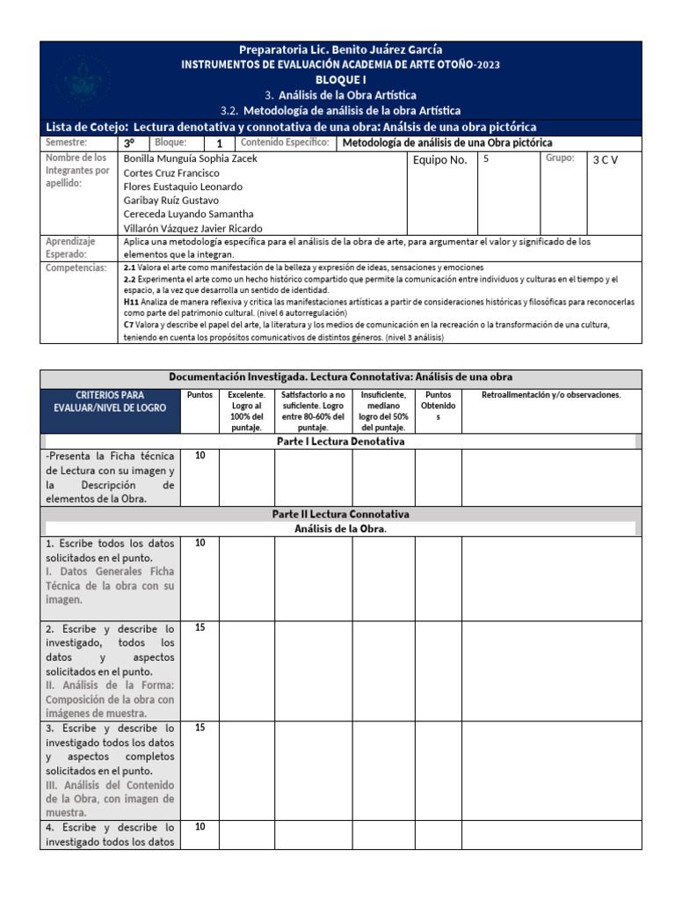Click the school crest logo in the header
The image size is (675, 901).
click(x=83, y=81)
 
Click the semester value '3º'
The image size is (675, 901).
click(x=129, y=143)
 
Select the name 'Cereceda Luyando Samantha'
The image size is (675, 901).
click(x=189, y=214)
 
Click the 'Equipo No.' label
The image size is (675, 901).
click(x=439, y=160)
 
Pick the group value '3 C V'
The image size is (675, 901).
click(x=606, y=160)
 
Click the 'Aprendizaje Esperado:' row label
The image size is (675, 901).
click(x=71, y=246)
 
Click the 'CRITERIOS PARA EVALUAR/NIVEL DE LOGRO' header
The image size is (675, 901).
click(x=110, y=402)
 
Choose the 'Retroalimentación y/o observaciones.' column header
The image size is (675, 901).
click(x=551, y=395)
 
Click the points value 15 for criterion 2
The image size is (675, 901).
click(x=200, y=629)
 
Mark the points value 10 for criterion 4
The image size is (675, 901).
click(x=200, y=827)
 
